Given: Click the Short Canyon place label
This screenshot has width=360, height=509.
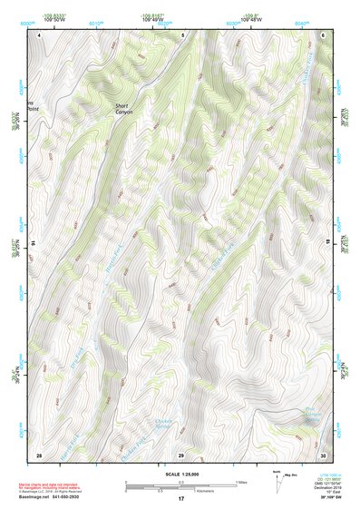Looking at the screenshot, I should (122, 110).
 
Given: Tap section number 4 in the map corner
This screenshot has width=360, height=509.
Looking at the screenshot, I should (39, 34).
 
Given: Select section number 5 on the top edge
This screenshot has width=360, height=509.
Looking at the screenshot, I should (180, 34).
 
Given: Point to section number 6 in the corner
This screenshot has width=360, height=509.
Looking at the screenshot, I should (324, 34).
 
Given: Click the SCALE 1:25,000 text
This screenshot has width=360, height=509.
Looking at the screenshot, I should (180, 473).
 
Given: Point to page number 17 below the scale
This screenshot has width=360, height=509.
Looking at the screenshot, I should (180, 499).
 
